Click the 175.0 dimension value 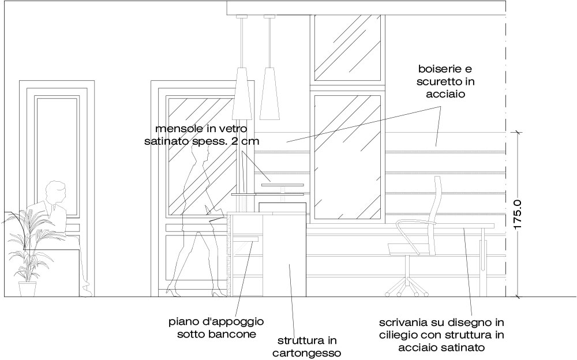click(518, 215)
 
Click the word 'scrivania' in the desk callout click(400, 323)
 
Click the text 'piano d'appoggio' click(216, 322)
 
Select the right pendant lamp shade click(269, 93)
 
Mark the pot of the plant click(28, 289)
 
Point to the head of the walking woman click(202, 152)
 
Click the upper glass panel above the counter click(348, 48)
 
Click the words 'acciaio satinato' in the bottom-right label click(441, 347)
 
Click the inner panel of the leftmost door click(57, 155)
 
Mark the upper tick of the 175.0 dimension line click(518, 132)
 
